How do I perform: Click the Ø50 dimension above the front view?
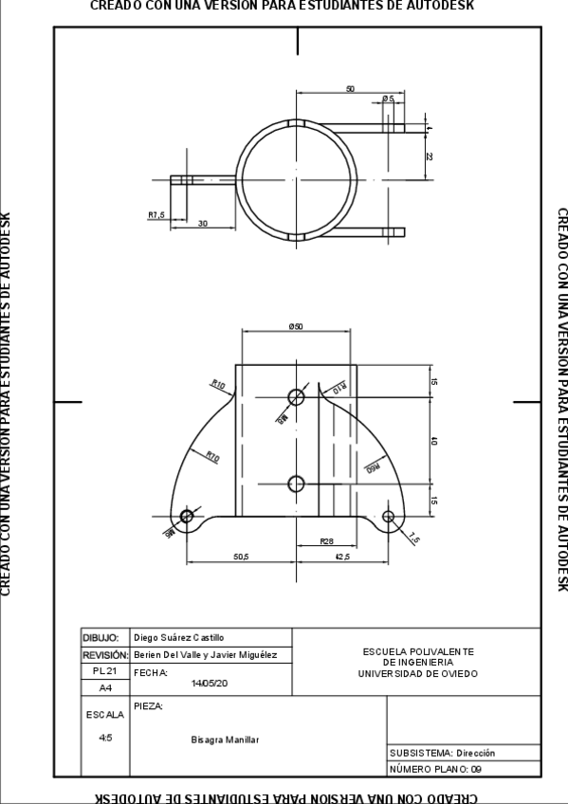(297, 326)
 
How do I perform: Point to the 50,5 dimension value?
(241, 557)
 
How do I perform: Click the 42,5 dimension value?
(342, 557)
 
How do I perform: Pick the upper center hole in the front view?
(296, 397)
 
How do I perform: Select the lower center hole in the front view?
(296, 484)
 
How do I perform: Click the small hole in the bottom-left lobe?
(187, 516)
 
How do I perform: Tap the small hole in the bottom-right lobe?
(388, 516)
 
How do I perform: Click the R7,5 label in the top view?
(156, 215)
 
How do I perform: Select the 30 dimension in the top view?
(203, 224)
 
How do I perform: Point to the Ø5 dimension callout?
(388, 99)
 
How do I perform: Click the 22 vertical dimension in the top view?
(429, 156)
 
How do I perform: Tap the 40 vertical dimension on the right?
(434, 441)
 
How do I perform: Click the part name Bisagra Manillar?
(225, 740)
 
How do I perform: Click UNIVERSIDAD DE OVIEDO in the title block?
(417, 674)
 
